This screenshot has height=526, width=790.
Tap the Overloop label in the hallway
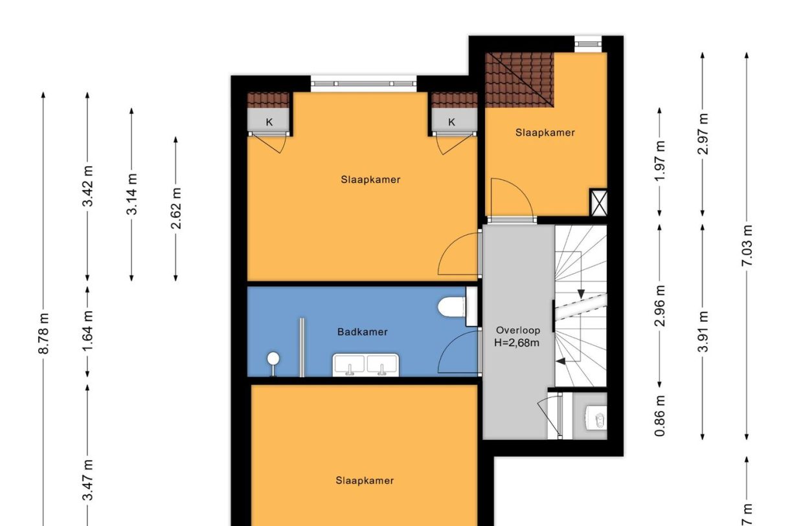(517, 330)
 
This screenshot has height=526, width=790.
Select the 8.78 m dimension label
(44, 333)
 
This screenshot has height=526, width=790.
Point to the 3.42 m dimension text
(88, 186)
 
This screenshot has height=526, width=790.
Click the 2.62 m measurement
(175, 208)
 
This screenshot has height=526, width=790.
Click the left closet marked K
(269, 122)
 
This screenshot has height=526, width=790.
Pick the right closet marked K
(451, 122)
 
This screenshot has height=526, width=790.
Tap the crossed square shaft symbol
(598, 203)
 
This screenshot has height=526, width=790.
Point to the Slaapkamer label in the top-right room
(545, 133)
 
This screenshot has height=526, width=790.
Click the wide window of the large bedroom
(363, 83)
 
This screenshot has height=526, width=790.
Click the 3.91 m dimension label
(703, 331)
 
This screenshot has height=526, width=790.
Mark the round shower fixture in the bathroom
(273, 360)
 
